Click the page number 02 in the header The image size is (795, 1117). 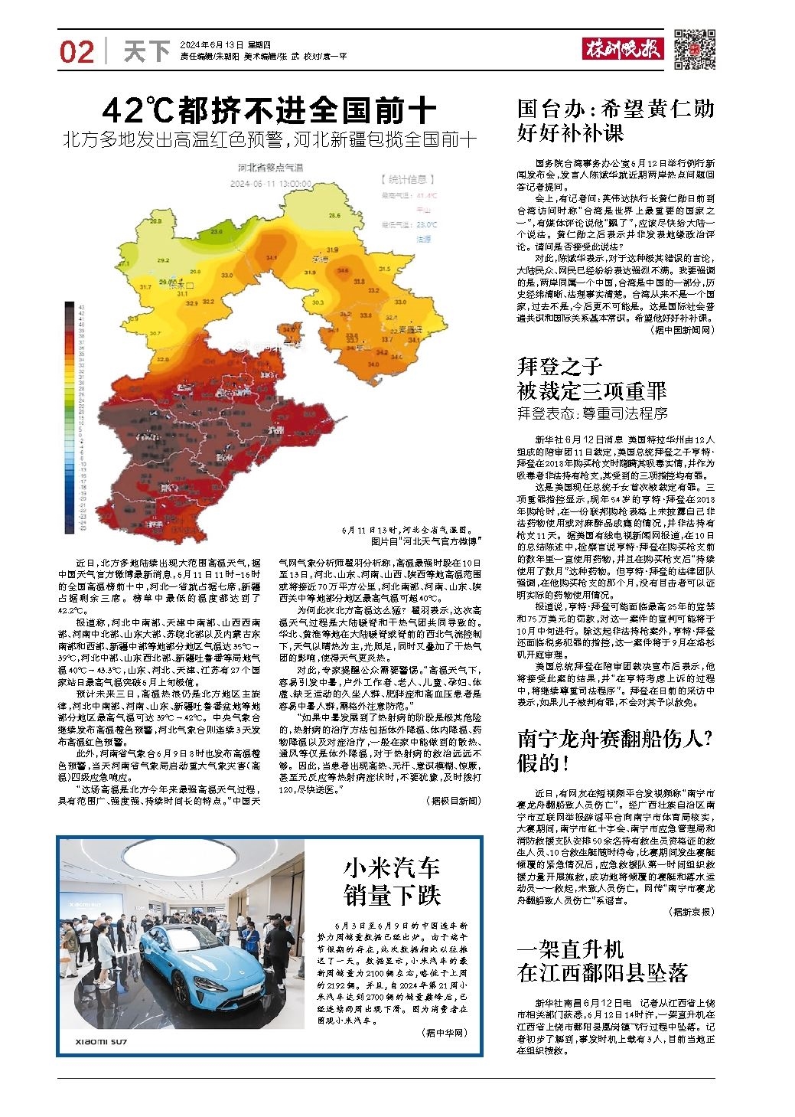77,52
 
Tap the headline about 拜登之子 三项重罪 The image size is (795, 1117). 591,378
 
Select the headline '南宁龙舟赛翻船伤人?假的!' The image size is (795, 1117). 615,750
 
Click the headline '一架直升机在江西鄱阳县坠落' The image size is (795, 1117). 602,962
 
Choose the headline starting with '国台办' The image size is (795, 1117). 615,120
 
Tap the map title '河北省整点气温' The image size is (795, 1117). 271,168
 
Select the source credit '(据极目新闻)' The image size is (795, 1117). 453,801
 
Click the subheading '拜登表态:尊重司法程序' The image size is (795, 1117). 592,413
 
